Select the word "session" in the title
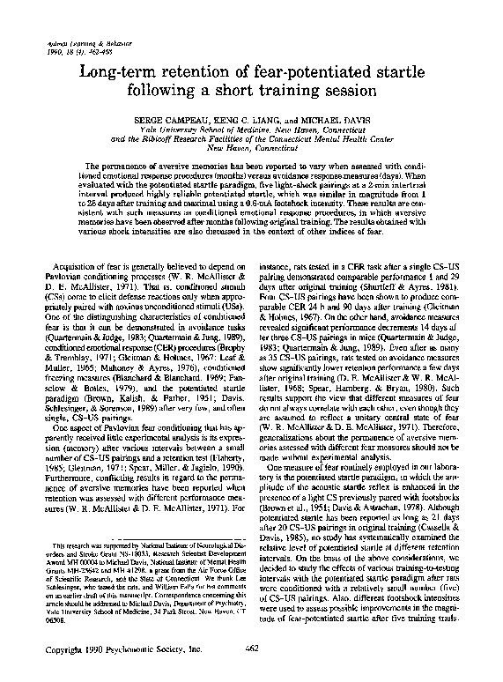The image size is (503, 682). pos(337,91)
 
